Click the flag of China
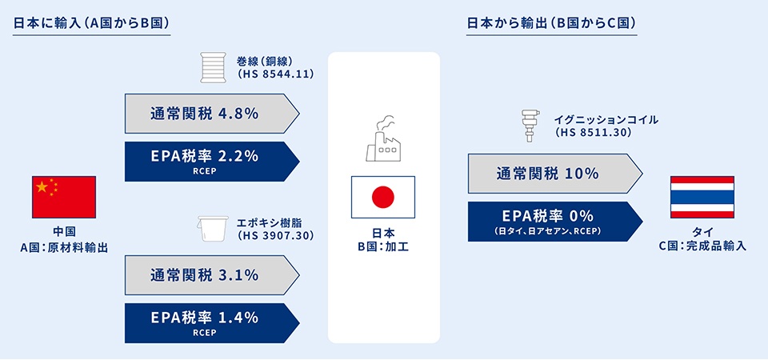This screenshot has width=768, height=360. tap(64, 197)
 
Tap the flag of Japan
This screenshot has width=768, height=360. tap(383, 197)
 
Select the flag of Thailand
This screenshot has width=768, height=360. tap(702, 197)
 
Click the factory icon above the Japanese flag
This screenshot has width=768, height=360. tap(383, 138)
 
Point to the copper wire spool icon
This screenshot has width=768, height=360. tap(213, 67)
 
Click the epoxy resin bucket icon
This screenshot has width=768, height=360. tap(212, 229)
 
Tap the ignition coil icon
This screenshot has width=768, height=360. tap(529, 126)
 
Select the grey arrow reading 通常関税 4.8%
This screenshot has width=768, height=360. tap(211, 114)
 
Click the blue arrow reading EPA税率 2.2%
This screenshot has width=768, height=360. tap(211, 162)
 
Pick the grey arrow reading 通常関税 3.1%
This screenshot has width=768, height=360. tap(211, 275)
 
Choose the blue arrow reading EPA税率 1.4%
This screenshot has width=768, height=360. tap(211, 323)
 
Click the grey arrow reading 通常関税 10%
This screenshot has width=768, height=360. tap(555, 174)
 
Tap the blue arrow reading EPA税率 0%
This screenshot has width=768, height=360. tap(555, 222)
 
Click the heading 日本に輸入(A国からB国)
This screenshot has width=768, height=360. tap(91, 23)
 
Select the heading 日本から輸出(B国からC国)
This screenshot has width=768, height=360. tap(551, 23)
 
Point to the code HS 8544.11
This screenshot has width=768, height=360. tap(274, 74)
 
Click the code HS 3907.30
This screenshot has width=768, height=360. tap(274, 235)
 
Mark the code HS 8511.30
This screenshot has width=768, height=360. tap(594, 132)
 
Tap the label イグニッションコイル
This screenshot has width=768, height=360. tap(606, 119)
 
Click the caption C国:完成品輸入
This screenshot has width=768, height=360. tap(702, 246)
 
